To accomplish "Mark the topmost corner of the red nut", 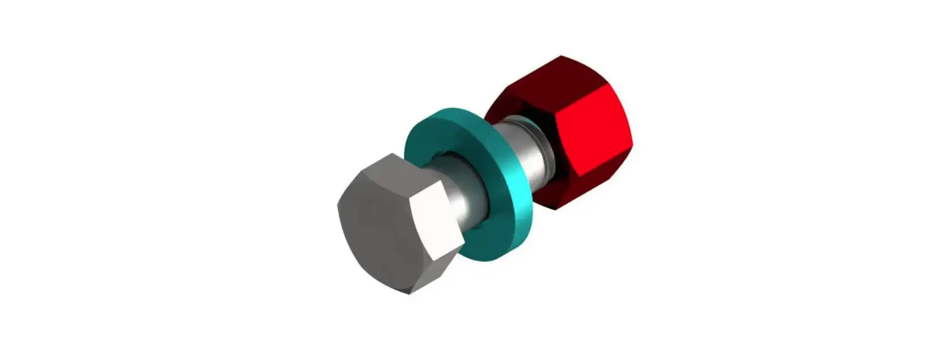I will [x=561, y=56].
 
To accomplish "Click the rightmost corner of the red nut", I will [x=632, y=146].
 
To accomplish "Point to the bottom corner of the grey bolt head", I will [x=409, y=294].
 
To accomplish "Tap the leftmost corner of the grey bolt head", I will [x=338, y=205].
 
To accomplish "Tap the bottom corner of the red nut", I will [x=555, y=209].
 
